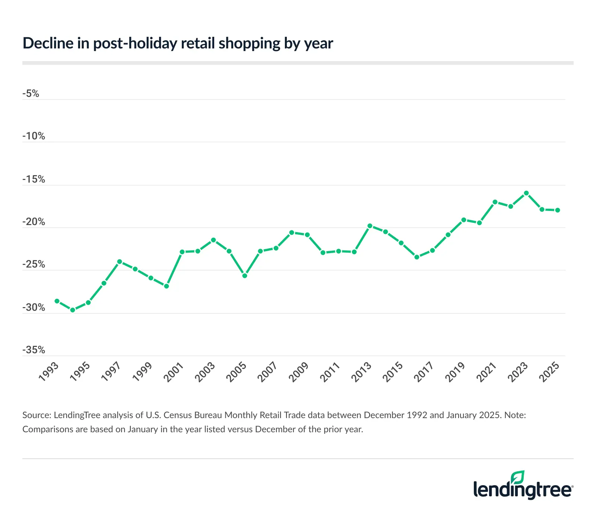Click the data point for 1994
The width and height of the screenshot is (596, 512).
click(73, 310)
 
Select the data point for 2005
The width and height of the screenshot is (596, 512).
click(245, 276)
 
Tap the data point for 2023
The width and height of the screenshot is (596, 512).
click(526, 193)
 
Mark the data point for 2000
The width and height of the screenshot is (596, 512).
click(167, 286)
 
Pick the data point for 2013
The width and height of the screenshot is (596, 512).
click(370, 226)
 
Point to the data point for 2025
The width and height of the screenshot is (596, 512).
click(558, 210)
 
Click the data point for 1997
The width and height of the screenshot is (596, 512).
click(120, 262)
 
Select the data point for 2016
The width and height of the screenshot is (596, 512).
click(417, 257)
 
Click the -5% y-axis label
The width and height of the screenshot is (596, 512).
click(31, 94)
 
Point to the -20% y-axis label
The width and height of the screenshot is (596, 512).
click(34, 222)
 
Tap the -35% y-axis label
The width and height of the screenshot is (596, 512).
click(34, 350)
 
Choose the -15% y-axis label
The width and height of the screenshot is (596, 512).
click(34, 179)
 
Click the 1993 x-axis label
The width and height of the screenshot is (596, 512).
click(49, 372)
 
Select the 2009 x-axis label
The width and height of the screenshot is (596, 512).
click(299, 372)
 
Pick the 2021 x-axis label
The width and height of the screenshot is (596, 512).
click(487, 372)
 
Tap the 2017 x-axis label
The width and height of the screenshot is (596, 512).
click(424, 372)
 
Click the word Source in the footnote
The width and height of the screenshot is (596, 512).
click(36, 415)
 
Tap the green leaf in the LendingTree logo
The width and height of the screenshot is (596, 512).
click(517, 477)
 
